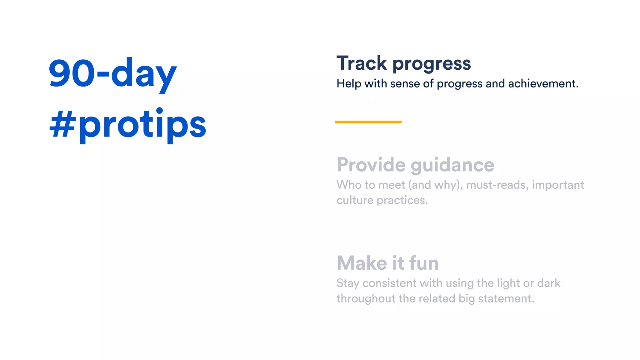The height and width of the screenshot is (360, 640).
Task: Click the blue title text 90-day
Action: pos(112,73)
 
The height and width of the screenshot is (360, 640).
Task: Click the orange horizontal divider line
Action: pos(368,122)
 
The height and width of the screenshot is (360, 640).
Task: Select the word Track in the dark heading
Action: pos(362,63)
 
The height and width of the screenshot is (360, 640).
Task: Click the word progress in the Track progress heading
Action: pos(432,64)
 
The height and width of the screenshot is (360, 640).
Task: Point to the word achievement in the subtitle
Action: pos(543,84)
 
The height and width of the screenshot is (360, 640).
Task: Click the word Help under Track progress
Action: pos(349,84)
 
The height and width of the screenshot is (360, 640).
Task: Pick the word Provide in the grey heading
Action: pos(371,165)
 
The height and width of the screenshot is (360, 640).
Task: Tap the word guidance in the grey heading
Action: pos(452,165)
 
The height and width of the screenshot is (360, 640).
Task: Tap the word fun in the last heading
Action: pos(424,263)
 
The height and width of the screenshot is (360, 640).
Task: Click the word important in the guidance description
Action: pos(558,185)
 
